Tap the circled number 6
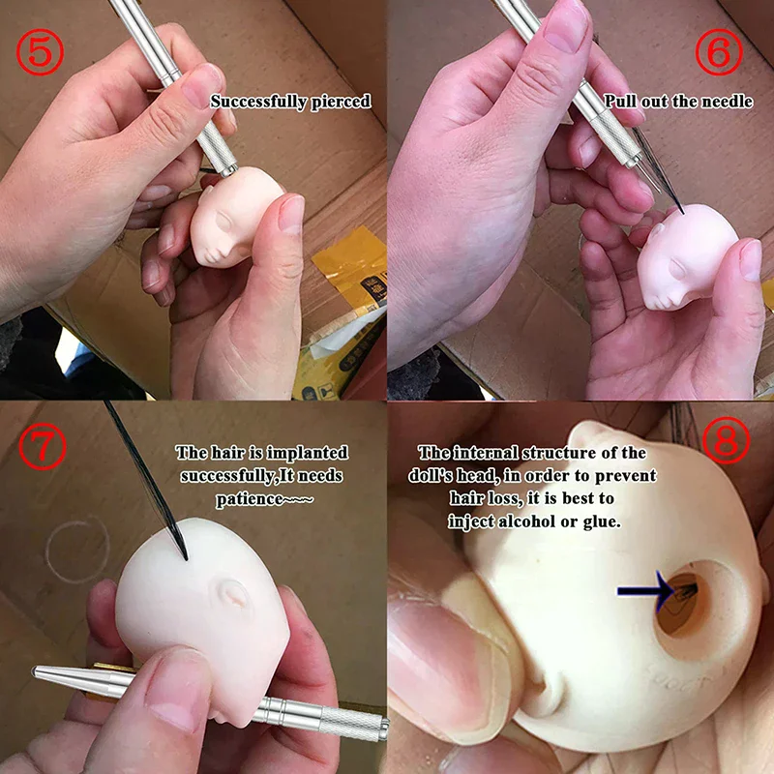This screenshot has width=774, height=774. coord(718,53)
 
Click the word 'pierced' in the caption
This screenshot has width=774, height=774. coord(339,101)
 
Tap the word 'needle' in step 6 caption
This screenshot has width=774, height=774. coord(727,101)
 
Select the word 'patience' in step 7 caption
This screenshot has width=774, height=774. coord(253,499)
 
